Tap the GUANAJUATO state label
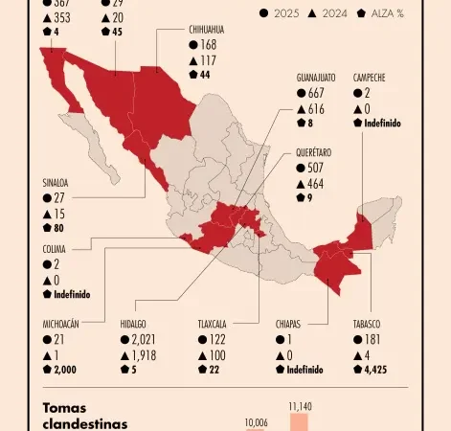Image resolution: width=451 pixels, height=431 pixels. pyautogui.click(x=320, y=78)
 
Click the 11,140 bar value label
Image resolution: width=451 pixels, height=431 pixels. pyautogui.click(x=300, y=406)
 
